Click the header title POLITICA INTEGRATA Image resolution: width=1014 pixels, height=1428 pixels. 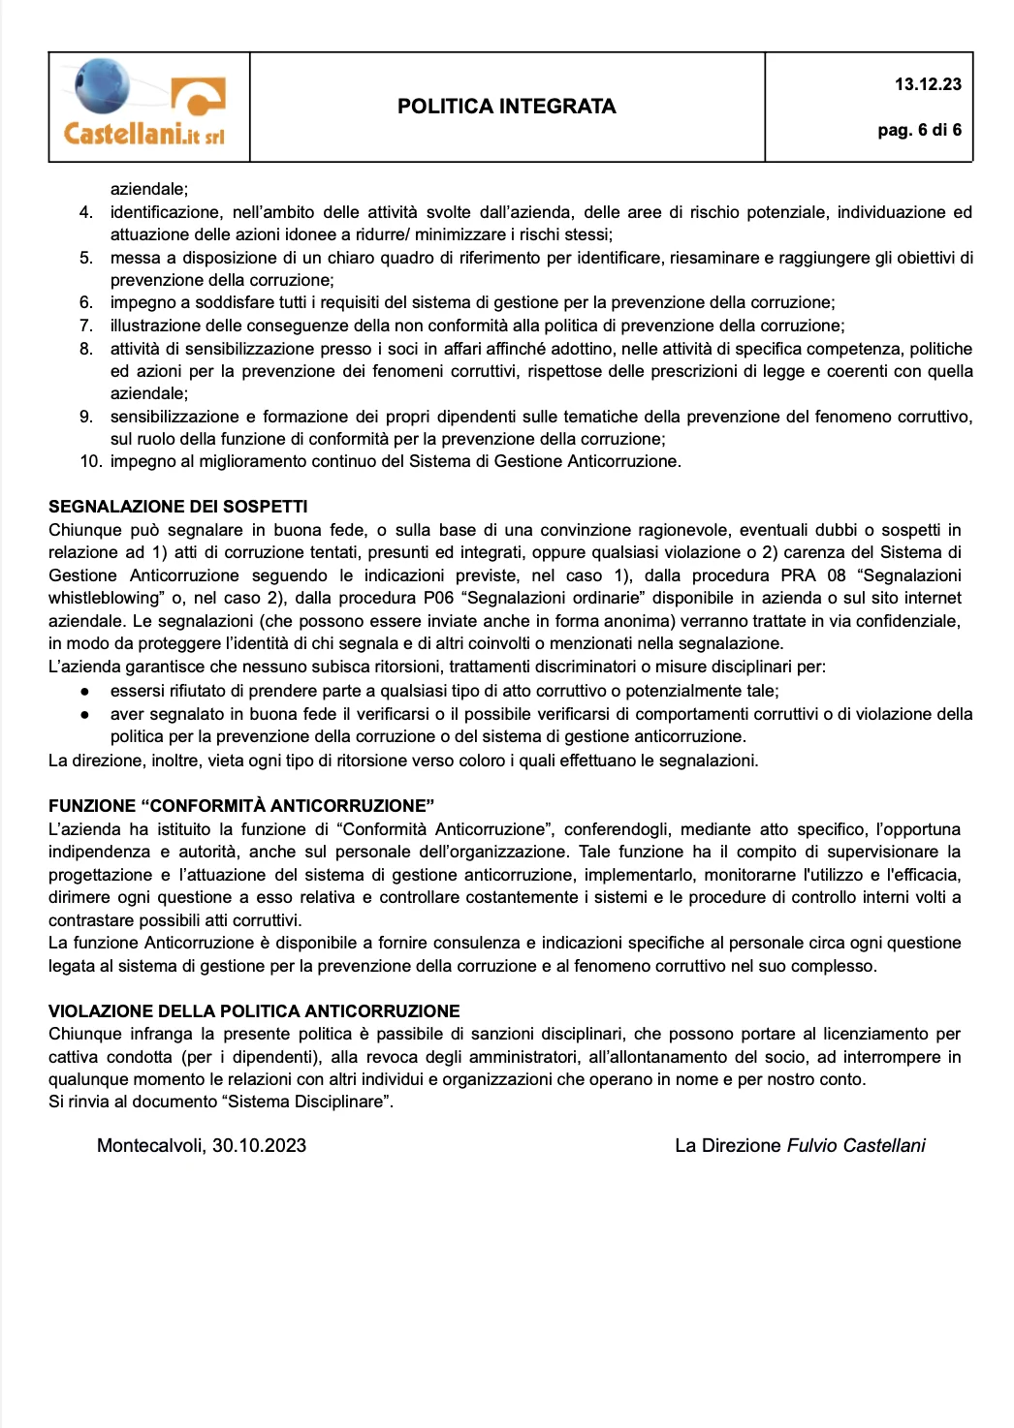tap(506, 107)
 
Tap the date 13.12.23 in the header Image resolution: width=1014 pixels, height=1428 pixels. tap(928, 84)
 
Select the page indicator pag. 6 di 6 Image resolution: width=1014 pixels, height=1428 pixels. tap(919, 130)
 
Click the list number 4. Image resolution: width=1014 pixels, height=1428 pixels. tap(86, 212)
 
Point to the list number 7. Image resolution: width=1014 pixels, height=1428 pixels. tap(86, 326)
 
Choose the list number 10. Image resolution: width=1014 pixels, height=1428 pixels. tap(90, 461)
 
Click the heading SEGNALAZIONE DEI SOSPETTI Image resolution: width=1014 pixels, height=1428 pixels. tap(178, 507)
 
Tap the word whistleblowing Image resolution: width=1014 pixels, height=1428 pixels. tap(104, 598)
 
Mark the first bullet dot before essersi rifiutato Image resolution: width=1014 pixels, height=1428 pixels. tap(85, 692)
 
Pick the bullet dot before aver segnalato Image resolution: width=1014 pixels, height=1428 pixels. tap(85, 715)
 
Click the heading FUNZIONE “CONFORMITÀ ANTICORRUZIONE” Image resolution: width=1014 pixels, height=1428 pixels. tap(241, 806)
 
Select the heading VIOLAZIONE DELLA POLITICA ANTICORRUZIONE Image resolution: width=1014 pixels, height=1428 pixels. tap(254, 1011)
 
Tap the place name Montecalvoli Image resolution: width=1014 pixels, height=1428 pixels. tap(150, 1146)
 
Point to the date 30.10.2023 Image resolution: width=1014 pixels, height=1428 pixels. tap(260, 1146)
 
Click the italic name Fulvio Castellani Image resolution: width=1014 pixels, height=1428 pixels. tap(856, 1146)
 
